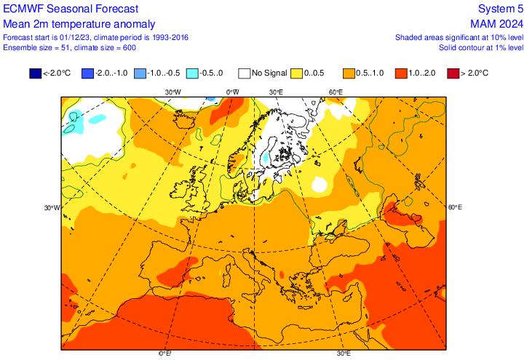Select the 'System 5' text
point(500,9)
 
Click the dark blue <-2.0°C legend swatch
point(35,73)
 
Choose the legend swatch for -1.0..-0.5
point(139,73)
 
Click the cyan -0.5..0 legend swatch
point(191,73)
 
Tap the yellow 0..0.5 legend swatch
point(296,73)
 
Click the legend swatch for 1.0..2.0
point(400,73)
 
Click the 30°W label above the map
point(173,92)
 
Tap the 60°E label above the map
point(336,92)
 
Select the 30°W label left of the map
point(51,208)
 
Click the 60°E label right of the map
point(454,208)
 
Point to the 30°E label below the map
point(344,354)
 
